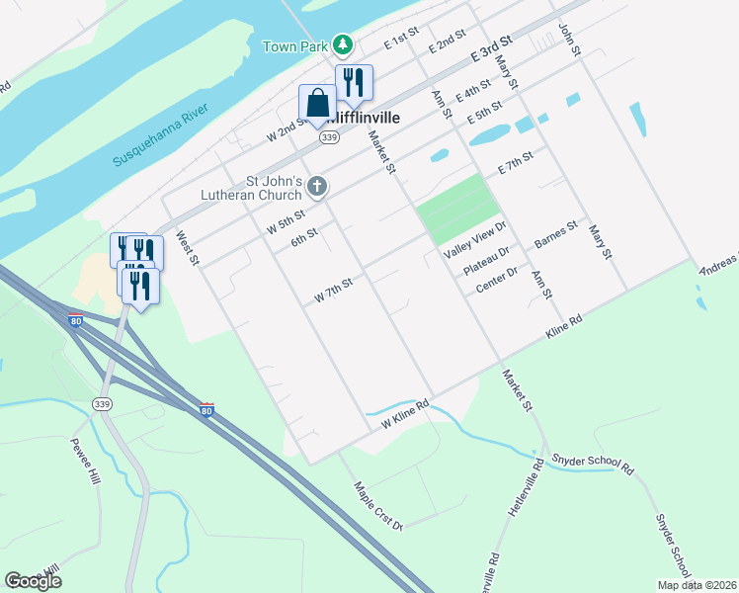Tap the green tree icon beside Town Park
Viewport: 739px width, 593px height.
342,44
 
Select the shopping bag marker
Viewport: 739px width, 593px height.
317,103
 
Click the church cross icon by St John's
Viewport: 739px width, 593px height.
317,186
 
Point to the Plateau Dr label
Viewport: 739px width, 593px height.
487,259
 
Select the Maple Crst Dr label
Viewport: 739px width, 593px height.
378,505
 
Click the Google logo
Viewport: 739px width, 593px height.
33,580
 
